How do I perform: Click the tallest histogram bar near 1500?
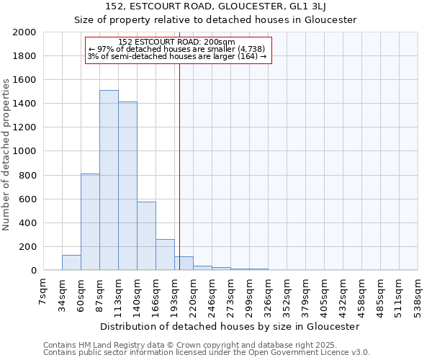coord(109,180)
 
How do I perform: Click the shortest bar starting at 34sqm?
coord(71,263)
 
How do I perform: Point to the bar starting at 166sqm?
coord(165,255)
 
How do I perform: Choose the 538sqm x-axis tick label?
coord(417,292)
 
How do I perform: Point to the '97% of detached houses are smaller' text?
coord(177,49)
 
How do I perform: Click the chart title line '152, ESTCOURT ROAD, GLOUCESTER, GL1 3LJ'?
coord(215,6)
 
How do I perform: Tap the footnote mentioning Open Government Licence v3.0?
coord(207,353)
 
